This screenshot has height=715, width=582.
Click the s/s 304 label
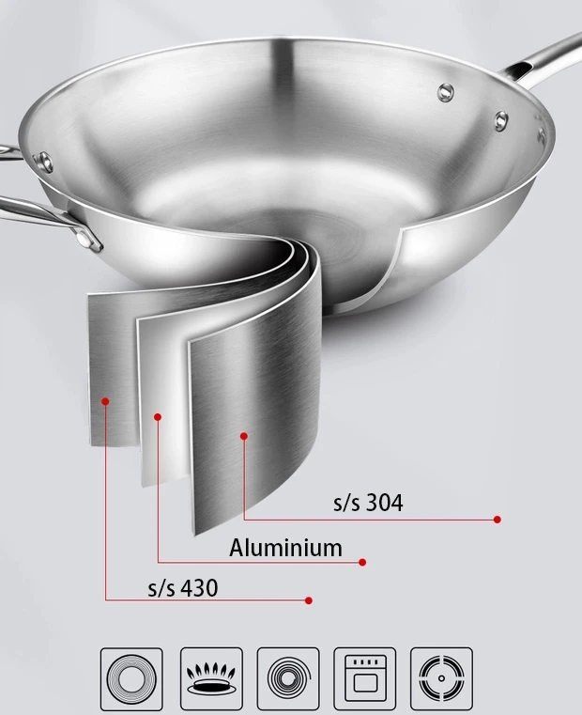[x=368, y=503]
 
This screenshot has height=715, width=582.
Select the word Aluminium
[x=285, y=548]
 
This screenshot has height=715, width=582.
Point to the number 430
[x=199, y=588]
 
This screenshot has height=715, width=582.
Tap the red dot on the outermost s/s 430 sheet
[x=105, y=401]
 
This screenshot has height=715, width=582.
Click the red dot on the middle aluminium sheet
[x=158, y=417]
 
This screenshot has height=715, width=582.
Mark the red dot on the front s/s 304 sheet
[x=244, y=436]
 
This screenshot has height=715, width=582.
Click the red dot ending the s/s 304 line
[x=498, y=520]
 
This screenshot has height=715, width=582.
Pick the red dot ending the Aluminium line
[x=362, y=562]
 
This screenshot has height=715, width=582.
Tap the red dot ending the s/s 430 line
[x=309, y=600]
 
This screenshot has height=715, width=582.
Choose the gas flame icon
[x=211, y=678]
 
